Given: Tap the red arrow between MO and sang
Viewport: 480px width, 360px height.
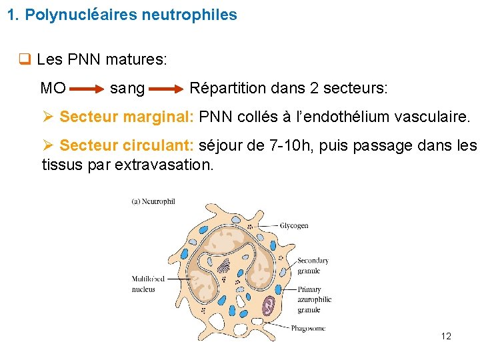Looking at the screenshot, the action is tap(87, 88).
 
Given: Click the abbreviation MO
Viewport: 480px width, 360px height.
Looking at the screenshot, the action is tap(53, 88).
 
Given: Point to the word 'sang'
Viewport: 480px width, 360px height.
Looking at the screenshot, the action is tap(127, 89).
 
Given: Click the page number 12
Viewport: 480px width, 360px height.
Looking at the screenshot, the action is tap(446, 336).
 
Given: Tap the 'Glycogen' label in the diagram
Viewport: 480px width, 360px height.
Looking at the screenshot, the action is tap(294, 226).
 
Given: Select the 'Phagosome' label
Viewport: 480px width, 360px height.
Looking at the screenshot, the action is tap(308, 328).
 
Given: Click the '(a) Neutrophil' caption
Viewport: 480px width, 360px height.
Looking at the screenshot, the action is tap(153, 201).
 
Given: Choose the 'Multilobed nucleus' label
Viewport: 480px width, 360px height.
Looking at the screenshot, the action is tap(143, 284).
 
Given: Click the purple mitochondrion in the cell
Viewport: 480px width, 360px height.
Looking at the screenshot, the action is tap(268, 305).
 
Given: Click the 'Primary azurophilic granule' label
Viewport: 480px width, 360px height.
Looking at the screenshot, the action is tap(314, 299).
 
